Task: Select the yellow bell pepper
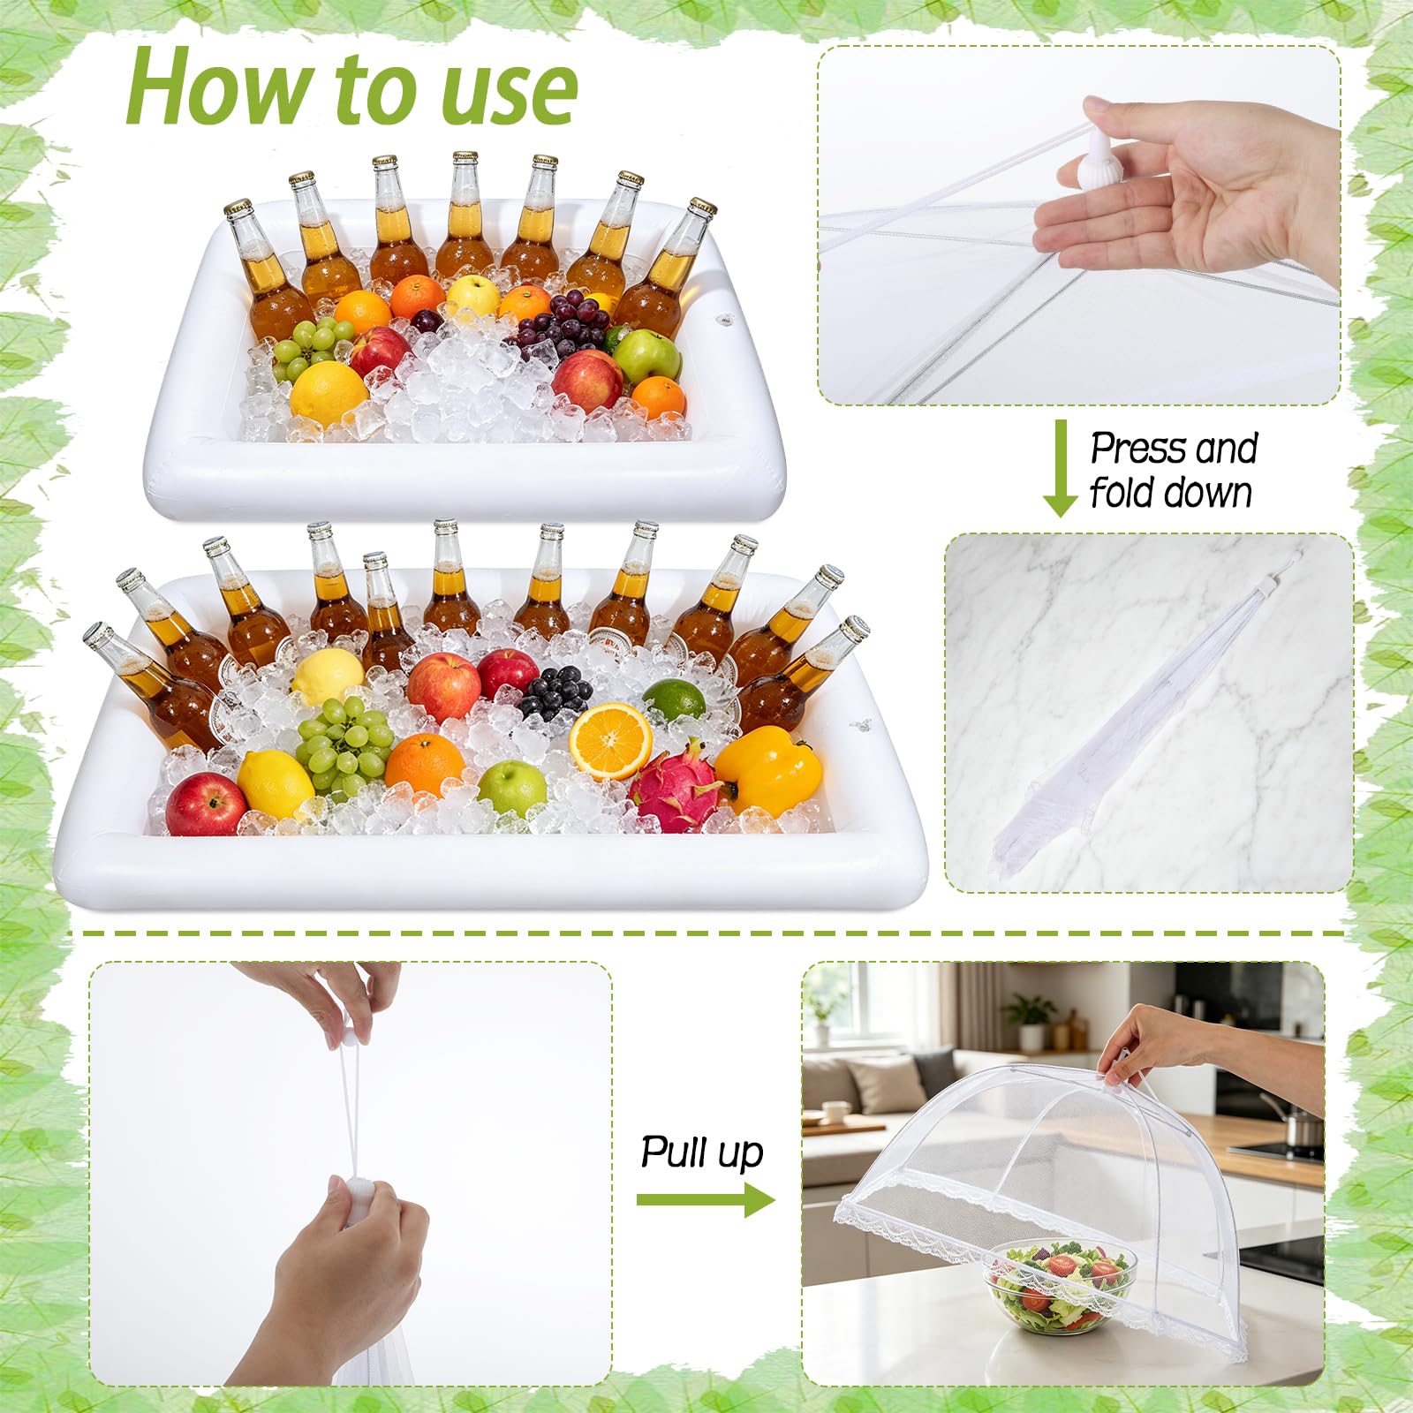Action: (768, 769)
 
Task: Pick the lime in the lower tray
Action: (674, 700)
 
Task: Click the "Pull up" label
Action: (702, 1152)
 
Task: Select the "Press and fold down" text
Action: (1173, 470)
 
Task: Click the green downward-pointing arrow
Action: (1060, 468)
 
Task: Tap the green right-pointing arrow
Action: (706, 1198)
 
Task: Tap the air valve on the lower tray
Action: (859, 727)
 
